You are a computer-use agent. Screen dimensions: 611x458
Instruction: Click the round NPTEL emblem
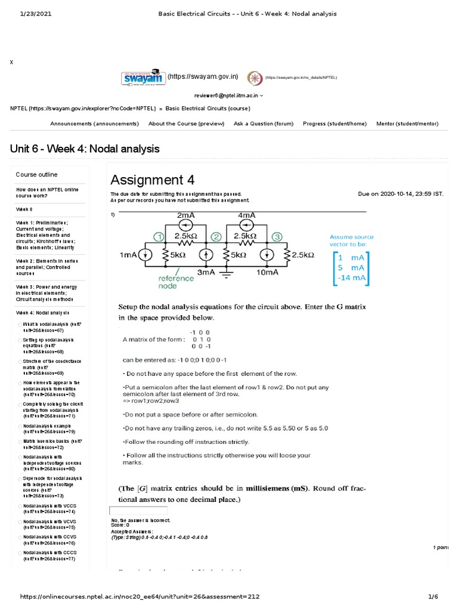(255, 78)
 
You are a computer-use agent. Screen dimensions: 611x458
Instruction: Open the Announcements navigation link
(94, 124)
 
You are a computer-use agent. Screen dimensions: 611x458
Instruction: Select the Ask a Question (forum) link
(264, 124)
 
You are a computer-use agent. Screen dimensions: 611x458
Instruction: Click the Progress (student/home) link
(335, 124)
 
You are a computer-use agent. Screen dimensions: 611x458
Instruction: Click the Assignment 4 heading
(153, 180)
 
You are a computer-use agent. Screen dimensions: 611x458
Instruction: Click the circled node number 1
(159, 237)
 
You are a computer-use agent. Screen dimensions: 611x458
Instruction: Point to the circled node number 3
(277, 237)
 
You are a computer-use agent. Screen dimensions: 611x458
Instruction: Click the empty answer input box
(138, 511)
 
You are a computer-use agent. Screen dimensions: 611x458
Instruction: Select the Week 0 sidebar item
(24, 209)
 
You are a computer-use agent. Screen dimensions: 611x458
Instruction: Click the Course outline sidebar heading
(36, 175)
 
